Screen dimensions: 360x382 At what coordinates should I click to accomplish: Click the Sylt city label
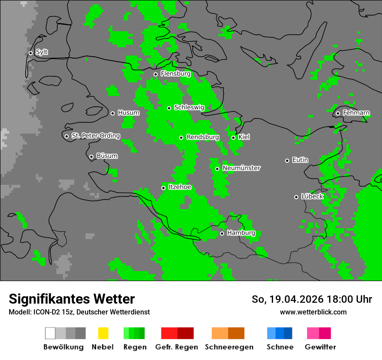pyautogui.click(x=42, y=52)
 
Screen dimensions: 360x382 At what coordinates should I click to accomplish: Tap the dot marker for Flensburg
pyautogui.click(x=155, y=74)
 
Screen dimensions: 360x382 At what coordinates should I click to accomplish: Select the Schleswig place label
pyautogui.click(x=189, y=108)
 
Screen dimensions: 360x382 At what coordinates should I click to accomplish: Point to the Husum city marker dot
pyautogui.click(x=112, y=113)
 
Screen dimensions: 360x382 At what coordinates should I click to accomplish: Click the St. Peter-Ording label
pyautogui.click(x=95, y=136)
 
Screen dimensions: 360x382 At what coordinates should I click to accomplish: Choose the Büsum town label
pyautogui.click(x=107, y=156)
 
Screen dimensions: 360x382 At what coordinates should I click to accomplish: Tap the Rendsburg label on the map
pyautogui.click(x=202, y=137)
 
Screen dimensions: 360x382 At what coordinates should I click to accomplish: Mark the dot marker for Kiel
pyautogui.click(x=233, y=137)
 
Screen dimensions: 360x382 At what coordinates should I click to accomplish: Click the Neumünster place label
pyautogui.click(x=241, y=168)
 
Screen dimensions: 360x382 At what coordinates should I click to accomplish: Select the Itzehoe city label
pyautogui.click(x=179, y=187)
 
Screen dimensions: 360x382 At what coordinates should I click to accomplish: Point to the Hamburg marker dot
pyautogui.click(x=222, y=233)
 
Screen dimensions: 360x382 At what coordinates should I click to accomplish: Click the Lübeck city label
pyautogui.click(x=312, y=196)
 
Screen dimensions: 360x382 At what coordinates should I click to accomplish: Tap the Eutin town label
pyautogui.click(x=300, y=160)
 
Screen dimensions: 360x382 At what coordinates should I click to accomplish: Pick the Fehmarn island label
pyautogui.click(x=356, y=113)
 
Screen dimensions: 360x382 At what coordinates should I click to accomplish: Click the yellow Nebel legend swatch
pyautogui.click(x=103, y=333)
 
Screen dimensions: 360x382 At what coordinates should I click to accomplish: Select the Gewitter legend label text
pyautogui.click(x=320, y=347)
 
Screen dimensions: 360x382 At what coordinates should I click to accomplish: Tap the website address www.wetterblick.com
pyautogui.click(x=313, y=312)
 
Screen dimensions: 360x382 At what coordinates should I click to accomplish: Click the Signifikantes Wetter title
pyautogui.click(x=72, y=299)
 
